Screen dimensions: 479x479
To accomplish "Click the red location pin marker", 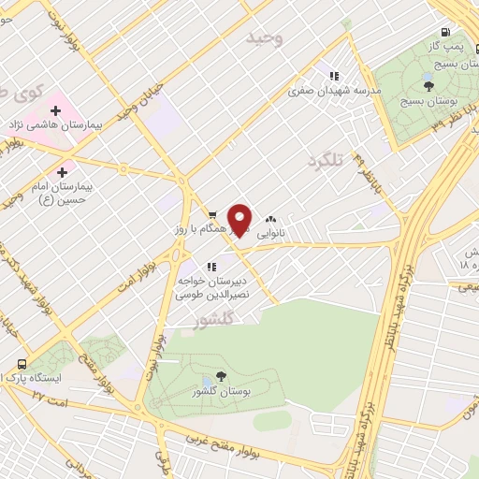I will pyautogui.click(x=240, y=220).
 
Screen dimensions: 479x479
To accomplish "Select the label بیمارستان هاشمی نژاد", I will pyautogui.click(x=51, y=124).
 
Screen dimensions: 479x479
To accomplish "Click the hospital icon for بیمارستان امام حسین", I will pyautogui.click(x=63, y=172).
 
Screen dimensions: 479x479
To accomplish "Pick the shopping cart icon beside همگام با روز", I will pyautogui.click(x=213, y=214).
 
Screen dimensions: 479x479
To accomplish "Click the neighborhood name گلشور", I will pyautogui.click(x=212, y=319).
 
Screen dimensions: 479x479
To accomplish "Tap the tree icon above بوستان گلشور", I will pyautogui.click(x=221, y=376).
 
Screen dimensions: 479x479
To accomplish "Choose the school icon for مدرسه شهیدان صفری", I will pyautogui.click(x=333, y=77).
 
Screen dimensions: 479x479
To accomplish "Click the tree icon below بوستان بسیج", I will pyautogui.click(x=428, y=113).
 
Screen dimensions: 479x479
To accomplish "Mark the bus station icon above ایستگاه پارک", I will pyautogui.click(x=21, y=365).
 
